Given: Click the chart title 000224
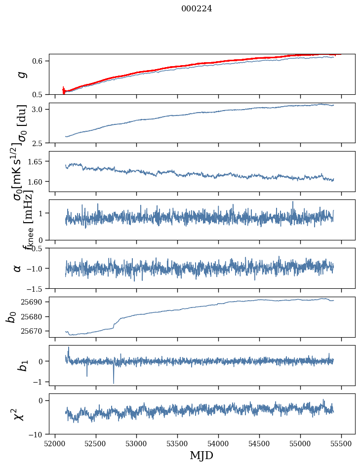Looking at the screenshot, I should (x=197, y=8).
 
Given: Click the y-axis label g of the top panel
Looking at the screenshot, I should (x=20, y=74).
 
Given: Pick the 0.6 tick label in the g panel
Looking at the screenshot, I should (x=39, y=61).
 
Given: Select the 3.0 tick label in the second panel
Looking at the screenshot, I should (x=39, y=109).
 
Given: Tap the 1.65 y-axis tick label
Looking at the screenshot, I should (x=35, y=161).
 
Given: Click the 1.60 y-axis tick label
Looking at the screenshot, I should (x=35, y=182).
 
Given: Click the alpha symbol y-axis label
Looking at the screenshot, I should (x=17, y=268).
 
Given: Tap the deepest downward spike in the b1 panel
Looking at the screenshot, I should (x=114, y=383).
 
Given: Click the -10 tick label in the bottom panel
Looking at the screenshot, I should (x=37, y=434).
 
